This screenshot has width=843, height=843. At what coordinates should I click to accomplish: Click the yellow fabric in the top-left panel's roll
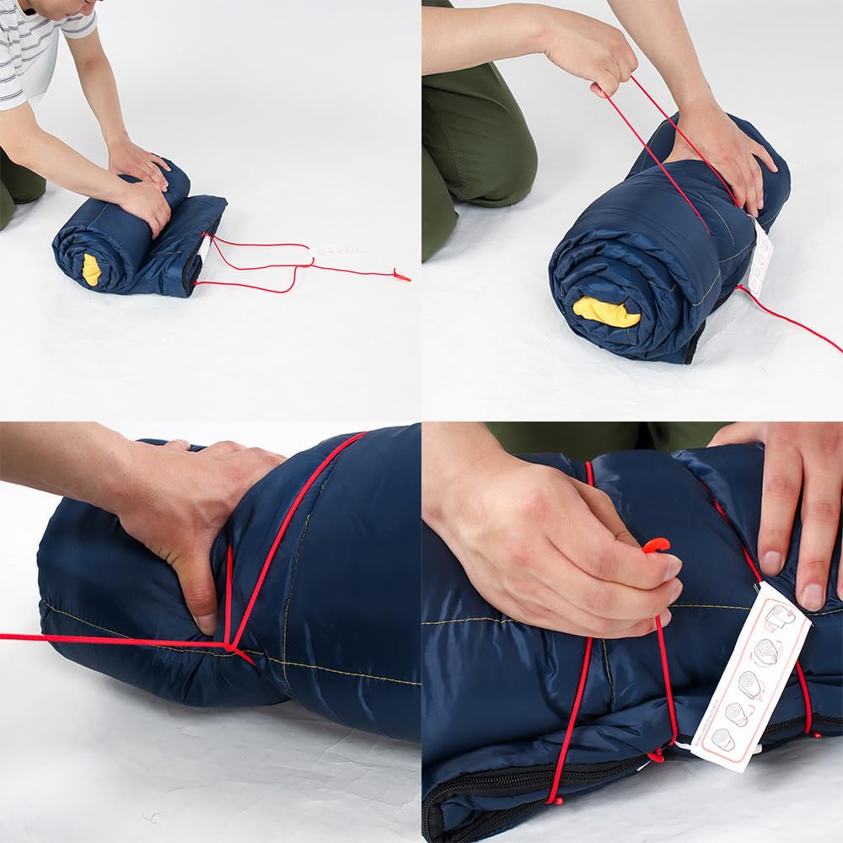pos(91,270)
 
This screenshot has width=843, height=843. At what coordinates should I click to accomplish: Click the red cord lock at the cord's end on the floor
pos(401,275)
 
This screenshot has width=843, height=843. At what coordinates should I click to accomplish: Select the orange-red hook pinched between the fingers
pos(656,545)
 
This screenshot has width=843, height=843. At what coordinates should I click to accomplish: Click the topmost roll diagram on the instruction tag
pos(780,619)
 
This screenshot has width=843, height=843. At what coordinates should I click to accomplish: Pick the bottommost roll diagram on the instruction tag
pos(722,739)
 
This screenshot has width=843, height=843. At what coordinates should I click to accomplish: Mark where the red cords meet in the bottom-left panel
pos(229,646)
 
